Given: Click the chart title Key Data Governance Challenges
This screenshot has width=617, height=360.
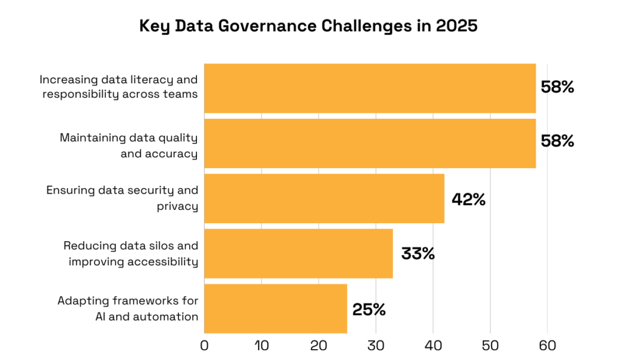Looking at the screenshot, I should pos(307,26).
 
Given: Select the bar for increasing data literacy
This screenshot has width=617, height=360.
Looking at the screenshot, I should pos(369,88).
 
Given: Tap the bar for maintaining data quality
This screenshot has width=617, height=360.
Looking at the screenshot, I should pos(369,143).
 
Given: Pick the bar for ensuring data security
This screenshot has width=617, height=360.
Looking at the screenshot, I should pos(324,198).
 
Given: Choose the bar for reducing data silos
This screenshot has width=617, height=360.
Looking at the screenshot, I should pos(298,253).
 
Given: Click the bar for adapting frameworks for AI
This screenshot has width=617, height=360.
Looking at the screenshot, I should pos(275,309).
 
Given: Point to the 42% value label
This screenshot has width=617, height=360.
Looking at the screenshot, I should pos(468,200).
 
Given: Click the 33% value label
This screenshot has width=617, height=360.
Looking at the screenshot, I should pos(418,254).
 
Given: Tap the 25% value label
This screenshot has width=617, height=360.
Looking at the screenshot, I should pos(369,309).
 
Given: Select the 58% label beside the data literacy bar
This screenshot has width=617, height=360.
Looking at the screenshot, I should pos(557,87).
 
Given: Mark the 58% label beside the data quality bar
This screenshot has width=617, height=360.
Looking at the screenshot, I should pos(557,142).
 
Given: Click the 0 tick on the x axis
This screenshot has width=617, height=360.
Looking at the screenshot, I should pos(204,346).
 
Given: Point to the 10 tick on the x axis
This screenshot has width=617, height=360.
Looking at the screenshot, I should pos(261,346).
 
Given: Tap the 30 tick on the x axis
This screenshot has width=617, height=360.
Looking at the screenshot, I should pos(376,346).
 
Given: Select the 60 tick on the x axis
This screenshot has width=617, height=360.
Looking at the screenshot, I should pos(547,346).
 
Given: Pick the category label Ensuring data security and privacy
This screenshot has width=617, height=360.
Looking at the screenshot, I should pos(122,198).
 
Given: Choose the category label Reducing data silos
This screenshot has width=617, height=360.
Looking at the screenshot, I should pos(130,253).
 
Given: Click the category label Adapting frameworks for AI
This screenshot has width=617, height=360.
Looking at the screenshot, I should pos(128,308).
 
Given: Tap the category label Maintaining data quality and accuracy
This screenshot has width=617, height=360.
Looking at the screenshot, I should pos(128,145).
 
